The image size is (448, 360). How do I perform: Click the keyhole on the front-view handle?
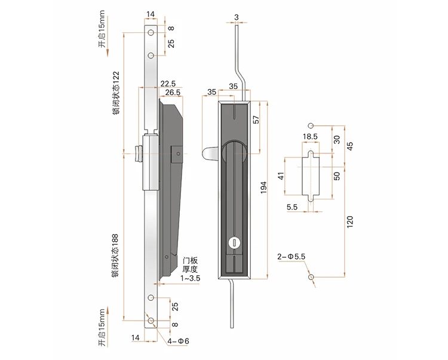coord(234,242)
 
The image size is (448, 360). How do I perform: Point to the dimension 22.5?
coord(167,84)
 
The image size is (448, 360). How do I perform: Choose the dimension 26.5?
coord(173,92)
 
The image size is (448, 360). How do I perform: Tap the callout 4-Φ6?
coord(179,341)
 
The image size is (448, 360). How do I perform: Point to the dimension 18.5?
coord(310,137)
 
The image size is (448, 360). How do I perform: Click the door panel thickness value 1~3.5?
coord(192,278)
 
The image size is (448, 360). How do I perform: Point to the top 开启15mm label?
coord(102,37)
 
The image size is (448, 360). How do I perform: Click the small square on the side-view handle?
coord(177,154)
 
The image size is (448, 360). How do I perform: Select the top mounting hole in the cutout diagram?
coord(310,125)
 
